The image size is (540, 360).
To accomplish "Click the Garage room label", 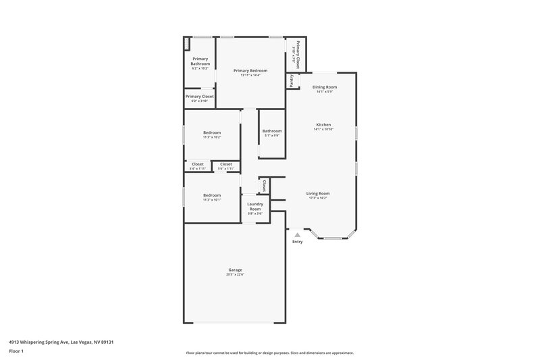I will pos(235,269).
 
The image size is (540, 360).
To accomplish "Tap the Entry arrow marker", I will pos(297,234).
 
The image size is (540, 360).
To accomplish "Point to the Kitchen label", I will pos(323,124).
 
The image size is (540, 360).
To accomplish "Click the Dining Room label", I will pos(324,87).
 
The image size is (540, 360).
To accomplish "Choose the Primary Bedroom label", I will pos(250,71).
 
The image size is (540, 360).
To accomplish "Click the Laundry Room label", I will pos(254,206).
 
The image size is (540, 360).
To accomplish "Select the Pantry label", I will pos(292,80).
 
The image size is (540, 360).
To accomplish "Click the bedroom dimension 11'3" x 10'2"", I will pos(212,137).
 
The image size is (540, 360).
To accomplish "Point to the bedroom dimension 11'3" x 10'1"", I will pos(212,200).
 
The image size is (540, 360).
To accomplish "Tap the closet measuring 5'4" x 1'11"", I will pos(198,169).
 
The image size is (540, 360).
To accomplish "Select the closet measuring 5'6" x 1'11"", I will pos(225,169).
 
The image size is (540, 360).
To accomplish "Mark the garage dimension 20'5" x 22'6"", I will pos(235,274).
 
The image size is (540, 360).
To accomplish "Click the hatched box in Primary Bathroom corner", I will pos(188,43).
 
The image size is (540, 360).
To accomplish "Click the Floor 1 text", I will pos(16,352).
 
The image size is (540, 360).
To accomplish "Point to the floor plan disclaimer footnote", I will pos(269,353).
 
